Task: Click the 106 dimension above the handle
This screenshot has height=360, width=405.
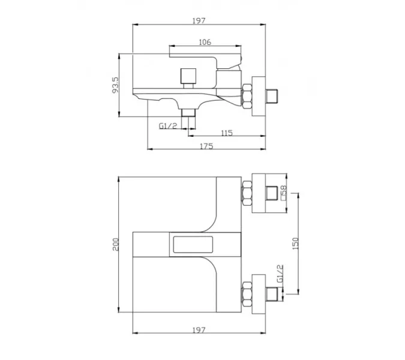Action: tap(205, 42)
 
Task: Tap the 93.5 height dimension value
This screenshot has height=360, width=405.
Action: tap(115, 85)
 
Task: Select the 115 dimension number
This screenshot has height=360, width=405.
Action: tap(227, 133)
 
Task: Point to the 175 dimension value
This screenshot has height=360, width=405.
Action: tap(206, 146)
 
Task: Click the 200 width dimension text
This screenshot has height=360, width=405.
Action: tap(115, 244)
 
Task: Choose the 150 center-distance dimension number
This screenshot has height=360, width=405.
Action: tap(295, 243)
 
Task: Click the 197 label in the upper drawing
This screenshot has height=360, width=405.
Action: tap(199, 20)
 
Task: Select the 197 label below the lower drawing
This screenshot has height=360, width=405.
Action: tap(199, 330)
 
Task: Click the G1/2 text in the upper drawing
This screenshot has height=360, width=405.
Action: tap(168, 126)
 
